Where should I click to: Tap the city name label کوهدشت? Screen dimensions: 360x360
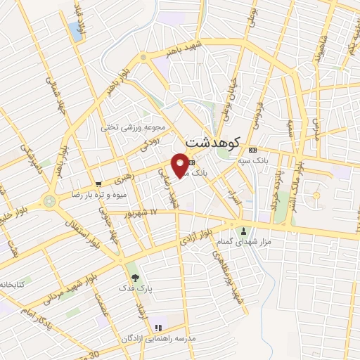coord(212,143)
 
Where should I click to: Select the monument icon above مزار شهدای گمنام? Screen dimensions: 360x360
coord(244,231)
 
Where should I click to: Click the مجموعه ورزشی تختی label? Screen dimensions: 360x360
coord(133,128)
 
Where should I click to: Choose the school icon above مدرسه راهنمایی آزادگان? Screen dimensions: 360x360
coord(157,327)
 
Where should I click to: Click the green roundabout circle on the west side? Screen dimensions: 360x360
coord(49,202)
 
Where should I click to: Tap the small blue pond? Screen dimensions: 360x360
coord(74,30)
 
